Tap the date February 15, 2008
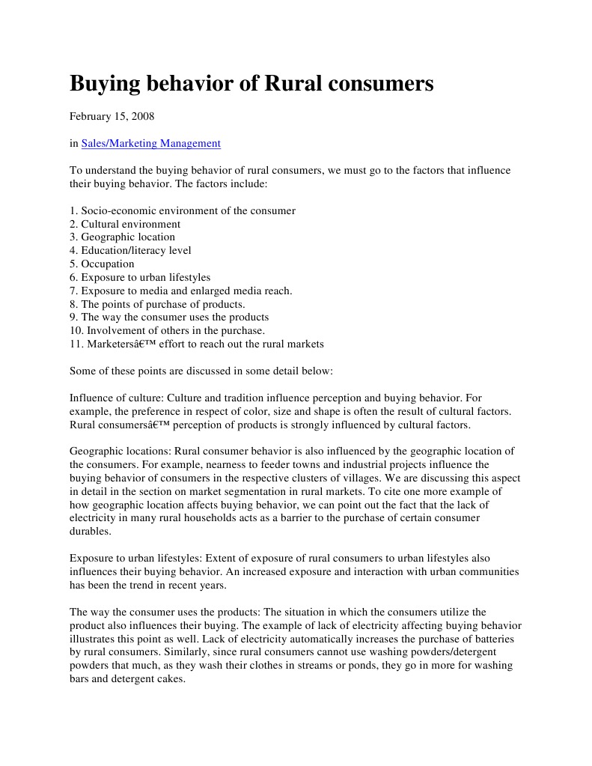(112, 117)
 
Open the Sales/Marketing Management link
(150, 143)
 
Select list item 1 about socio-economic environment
(182, 210)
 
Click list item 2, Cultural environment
(125, 224)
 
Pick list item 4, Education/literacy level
(130, 250)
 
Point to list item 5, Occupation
(102, 264)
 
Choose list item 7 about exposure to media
(180, 291)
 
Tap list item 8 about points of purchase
(157, 304)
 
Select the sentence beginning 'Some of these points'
(201, 371)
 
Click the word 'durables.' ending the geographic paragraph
(90, 531)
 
